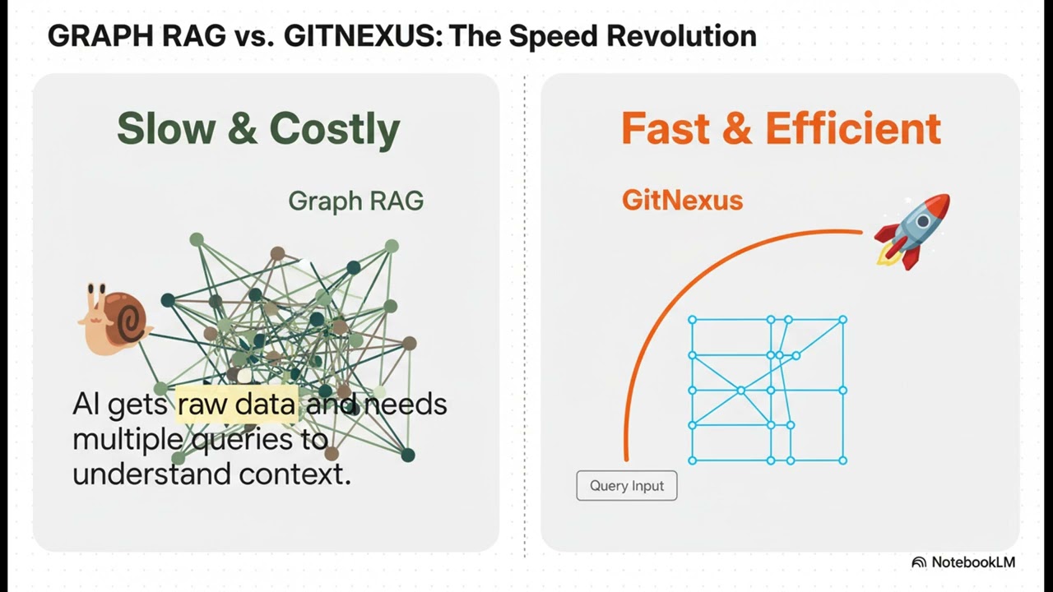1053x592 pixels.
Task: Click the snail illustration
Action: click(114, 320)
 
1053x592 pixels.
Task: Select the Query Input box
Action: click(627, 486)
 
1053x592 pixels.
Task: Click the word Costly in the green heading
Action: click(335, 129)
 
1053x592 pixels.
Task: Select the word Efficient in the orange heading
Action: click(853, 128)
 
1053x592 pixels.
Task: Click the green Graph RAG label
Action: click(355, 201)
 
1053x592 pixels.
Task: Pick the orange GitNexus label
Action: click(682, 200)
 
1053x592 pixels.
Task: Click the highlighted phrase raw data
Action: click(237, 405)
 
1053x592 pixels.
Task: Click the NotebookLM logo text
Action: click(973, 562)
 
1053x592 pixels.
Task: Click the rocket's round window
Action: click(922, 220)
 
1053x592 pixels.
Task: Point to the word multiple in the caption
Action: click(130, 439)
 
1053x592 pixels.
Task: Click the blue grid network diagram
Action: click(768, 390)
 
